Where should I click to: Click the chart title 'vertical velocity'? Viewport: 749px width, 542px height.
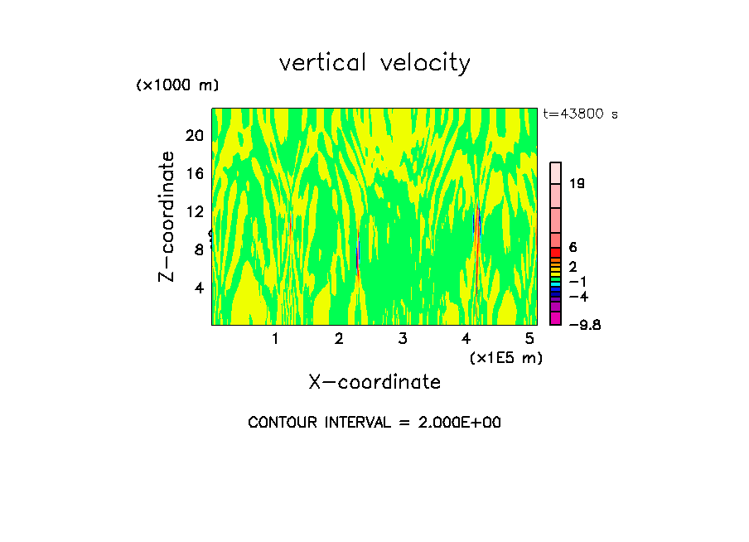tap(374, 63)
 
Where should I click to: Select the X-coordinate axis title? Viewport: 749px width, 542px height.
tap(374, 382)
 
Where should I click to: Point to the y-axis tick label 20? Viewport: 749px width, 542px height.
tap(193, 135)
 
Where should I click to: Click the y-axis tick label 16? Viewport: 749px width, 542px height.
tap(193, 173)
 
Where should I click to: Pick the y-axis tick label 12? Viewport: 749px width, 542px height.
tap(193, 211)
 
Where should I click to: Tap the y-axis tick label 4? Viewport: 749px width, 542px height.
tap(198, 288)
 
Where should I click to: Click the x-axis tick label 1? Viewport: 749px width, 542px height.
tap(275, 338)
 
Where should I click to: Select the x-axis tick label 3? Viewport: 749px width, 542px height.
tap(403, 338)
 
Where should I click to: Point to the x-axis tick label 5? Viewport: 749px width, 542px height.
tap(529, 338)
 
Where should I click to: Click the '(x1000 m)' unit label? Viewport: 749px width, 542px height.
tap(176, 85)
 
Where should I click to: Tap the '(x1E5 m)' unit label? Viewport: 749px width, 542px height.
tap(505, 357)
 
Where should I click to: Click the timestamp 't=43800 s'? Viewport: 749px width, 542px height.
tap(580, 114)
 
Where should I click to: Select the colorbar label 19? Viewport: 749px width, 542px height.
tap(577, 183)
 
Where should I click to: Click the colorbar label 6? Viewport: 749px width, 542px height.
tap(573, 248)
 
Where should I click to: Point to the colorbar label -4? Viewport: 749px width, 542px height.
tap(577, 296)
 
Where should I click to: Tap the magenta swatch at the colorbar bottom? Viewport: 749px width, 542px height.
tap(555, 318)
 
